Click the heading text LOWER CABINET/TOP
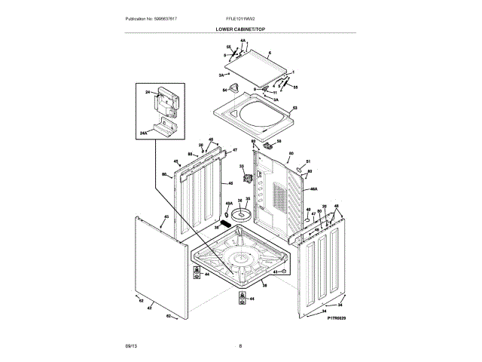coord(240,28)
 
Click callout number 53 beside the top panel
coord(294,109)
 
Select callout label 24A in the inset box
coord(143,132)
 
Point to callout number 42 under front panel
coord(149,308)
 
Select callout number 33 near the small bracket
coord(242,167)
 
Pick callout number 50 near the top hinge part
coord(279,140)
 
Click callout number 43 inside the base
coord(276,271)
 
